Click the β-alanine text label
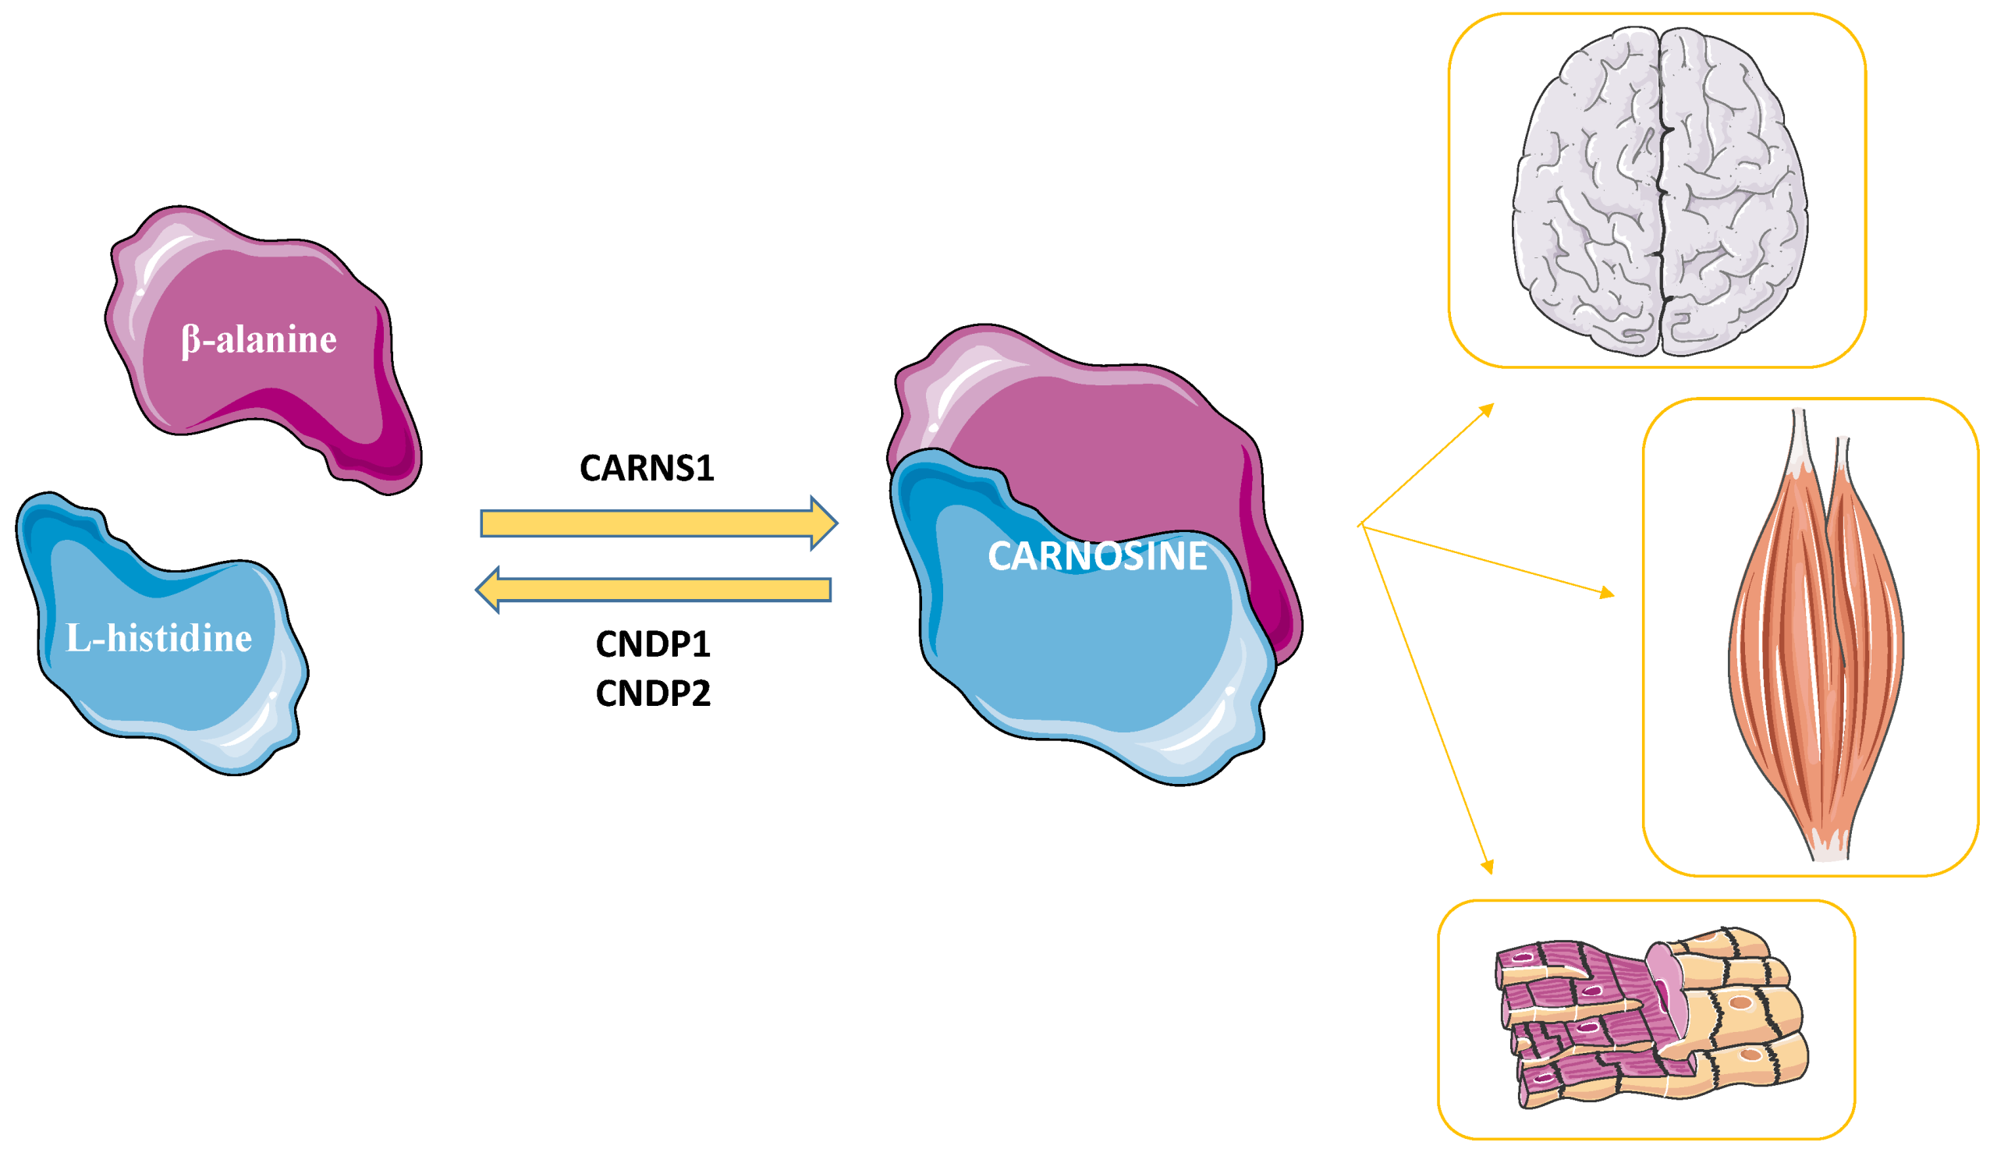pyautogui.click(x=259, y=340)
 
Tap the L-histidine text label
pyautogui.click(x=158, y=639)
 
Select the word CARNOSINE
pyautogui.click(x=1098, y=556)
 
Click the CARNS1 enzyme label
pyautogui.click(x=647, y=468)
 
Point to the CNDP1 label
pyautogui.click(x=653, y=644)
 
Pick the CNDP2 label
pyautogui.click(x=653, y=693)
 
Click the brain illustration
pyautogui.click(x=1660, y=190)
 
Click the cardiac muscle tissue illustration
pyautogui.click(x=1648, y=1018)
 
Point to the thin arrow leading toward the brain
pyautogui.click(x=1427, y=464)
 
